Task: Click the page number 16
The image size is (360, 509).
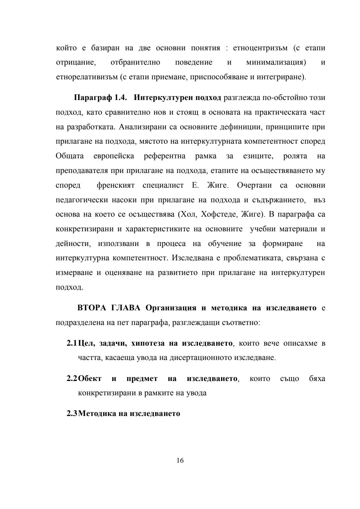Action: click(x=180, y=461)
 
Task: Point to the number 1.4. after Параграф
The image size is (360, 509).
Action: click(x=121, y=98)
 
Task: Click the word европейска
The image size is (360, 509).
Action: click(x=114, y=156)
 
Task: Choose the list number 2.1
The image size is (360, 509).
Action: click(x=71, y=343)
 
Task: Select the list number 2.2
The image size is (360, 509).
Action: click(x=71, y=379)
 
